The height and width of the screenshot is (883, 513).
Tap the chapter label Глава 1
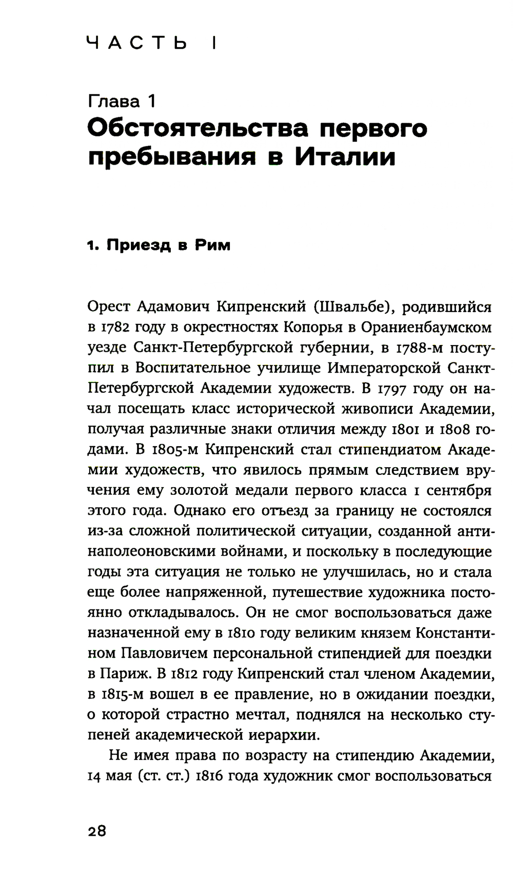(122, 101)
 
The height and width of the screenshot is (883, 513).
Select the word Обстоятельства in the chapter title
(198, 128)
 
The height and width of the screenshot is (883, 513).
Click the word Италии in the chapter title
(345, 157)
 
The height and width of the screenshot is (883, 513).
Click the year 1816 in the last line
(208, 776)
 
